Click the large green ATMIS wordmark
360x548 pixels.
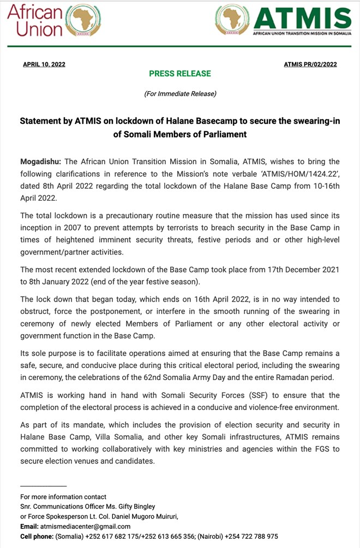click(x=303, y=19)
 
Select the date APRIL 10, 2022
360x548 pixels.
click(x=44, y=64)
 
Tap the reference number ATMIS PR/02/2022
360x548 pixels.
click(x=310, y=64)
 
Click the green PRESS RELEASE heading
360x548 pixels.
click(x=180, y=74)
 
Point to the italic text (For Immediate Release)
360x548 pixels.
click(x=180, y=94)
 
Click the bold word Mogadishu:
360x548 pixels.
click(x=40, y=162)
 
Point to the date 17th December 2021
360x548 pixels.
click(x=297, y=269)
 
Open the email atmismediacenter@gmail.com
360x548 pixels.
click(x=85, y=526)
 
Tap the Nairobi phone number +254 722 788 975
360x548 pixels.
click(x=251, y=537)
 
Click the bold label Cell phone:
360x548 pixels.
click(x=37, y=537)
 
